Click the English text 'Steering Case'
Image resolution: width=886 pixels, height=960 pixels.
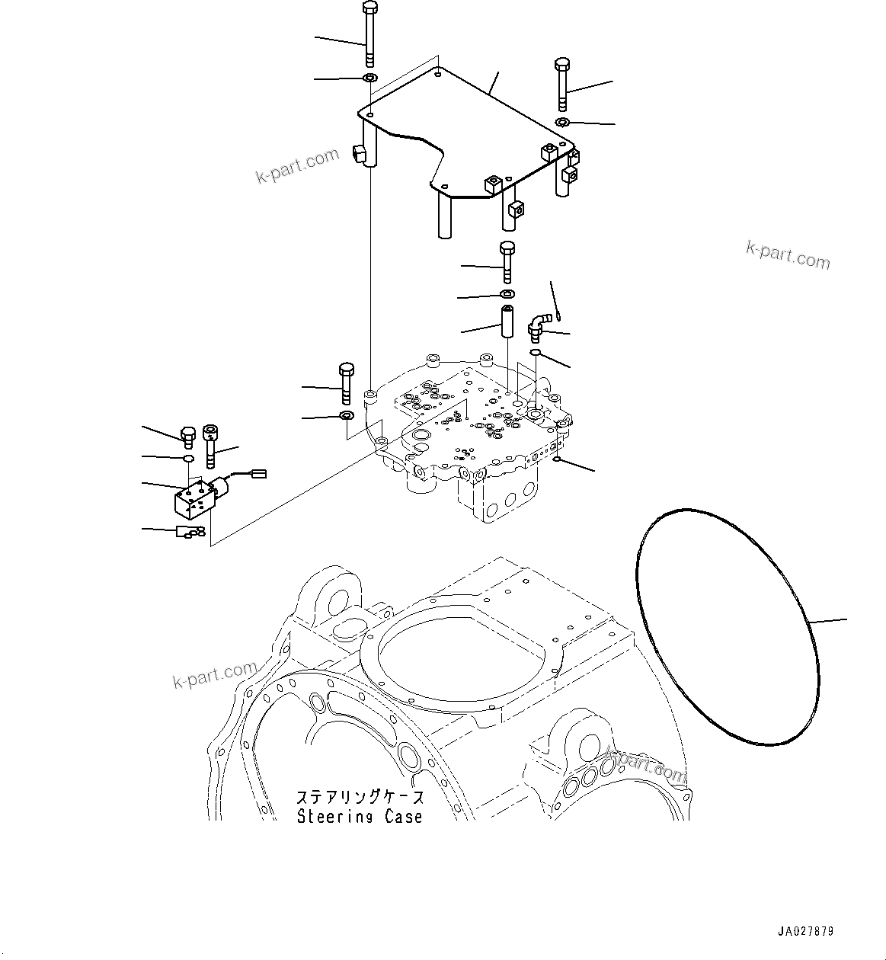359,817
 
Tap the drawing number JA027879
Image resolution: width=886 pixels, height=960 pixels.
805,931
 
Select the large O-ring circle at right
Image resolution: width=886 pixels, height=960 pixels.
727,624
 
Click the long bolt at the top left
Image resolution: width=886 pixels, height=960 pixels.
369,34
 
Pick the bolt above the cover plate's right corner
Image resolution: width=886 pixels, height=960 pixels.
562,84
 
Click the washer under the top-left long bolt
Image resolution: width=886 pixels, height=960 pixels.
370,78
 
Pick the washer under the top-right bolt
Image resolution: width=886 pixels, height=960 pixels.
562,123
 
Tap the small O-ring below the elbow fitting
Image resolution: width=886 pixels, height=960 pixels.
536,352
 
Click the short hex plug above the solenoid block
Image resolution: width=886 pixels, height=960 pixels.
188,435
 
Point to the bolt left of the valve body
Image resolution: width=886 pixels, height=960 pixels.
346,382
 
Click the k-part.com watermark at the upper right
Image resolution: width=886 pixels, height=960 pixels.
788,256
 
